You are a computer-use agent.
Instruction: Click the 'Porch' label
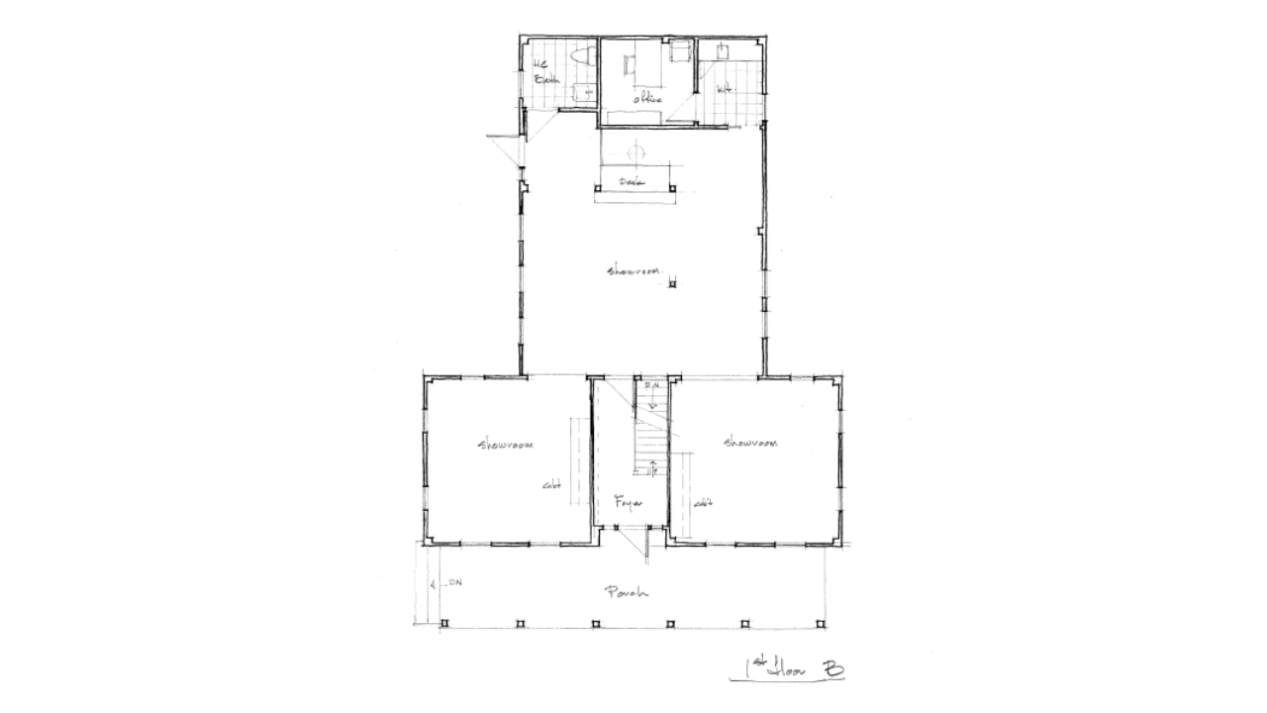coord(626,593)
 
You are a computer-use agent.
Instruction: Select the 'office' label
coord(647,97)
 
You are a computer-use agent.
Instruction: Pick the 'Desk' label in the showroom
coord(632,182)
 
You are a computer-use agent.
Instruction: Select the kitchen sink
coord(724,49)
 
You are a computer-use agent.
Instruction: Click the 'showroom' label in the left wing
coord(506,446)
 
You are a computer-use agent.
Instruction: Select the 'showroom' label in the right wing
coord(749,443)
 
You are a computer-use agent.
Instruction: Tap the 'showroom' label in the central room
coord(633,270)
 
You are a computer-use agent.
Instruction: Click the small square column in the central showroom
coord(672,285)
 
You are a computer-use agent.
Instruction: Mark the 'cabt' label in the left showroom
coord(551,485)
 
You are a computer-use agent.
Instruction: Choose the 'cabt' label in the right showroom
coord(703,503)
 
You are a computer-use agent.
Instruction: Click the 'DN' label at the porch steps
coord(454,582)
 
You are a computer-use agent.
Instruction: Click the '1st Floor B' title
coord(788,670)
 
